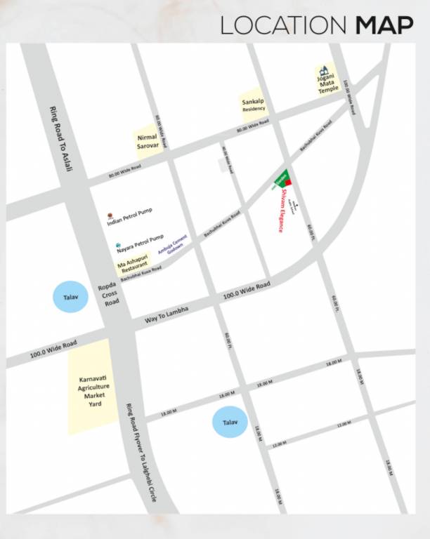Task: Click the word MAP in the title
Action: tap(384, 25)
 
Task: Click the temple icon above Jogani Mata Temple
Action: tap(324, 70)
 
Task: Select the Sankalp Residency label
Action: tap(253, 105)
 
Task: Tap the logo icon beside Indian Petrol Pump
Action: tap(109, 215)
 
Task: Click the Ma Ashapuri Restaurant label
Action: tap(133, 265)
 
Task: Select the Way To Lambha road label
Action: tap(167, 315)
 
